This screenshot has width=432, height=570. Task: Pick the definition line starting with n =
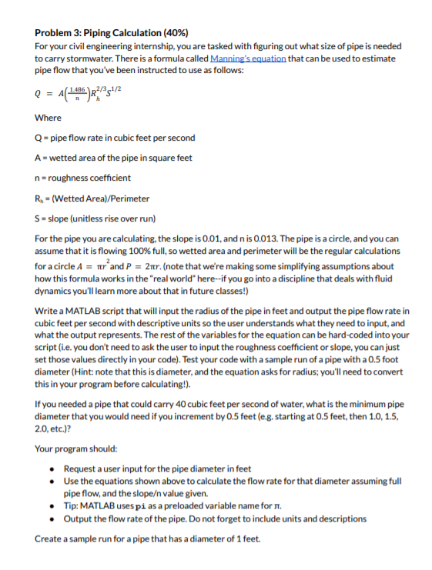coord(77,178)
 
